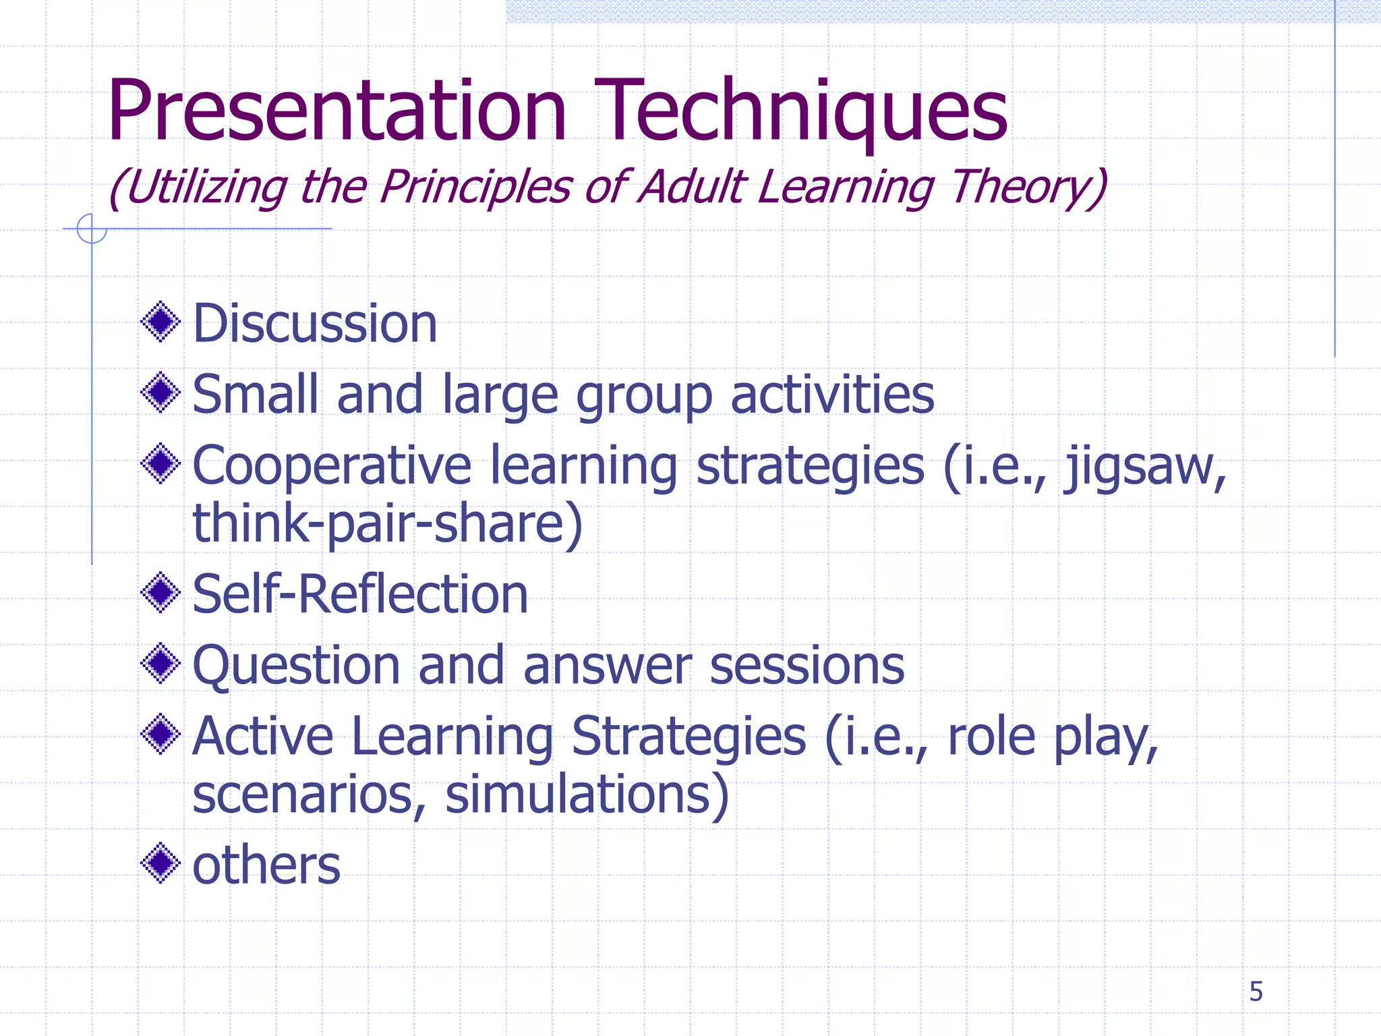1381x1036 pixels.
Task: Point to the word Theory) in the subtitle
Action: click(1028, 187)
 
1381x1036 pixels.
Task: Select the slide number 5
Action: click(1256, 991)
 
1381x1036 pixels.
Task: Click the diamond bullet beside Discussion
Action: click(160, 322)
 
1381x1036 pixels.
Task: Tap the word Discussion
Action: click(315, 324)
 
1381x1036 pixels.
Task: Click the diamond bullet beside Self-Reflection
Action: click(160, 593)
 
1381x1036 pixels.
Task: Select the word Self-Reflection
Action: click(360, 594)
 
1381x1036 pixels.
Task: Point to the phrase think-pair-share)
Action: click(388, 523)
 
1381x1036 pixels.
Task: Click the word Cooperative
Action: click(332, 467)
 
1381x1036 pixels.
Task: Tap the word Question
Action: click(297, 666)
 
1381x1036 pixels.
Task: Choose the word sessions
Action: click(807, 666)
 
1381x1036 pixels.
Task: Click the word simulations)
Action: click(587, 794)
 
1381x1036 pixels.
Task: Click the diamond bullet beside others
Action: click(160, 863)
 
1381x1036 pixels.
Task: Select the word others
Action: click(266, 865)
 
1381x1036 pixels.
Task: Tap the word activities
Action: click(833, 395)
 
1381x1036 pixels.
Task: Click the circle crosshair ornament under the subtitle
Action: click(92, 229)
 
